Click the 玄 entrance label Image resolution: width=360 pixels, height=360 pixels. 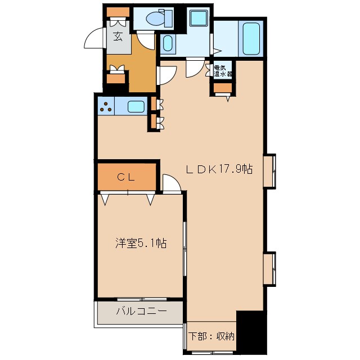tap(118, 37)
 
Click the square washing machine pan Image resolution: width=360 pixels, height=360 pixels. tap(198, 18)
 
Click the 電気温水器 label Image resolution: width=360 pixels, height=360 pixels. tap(223, 70)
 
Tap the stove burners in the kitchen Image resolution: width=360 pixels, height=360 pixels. tap(106, 106)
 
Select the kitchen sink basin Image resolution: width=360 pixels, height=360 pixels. tap(135, 106)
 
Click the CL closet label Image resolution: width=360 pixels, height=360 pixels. tap(125, 177)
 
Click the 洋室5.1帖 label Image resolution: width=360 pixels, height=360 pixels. tap(141, 243)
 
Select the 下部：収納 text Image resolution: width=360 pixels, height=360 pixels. tap(211, 336)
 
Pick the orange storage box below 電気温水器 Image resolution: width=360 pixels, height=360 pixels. tap(223, 87)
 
